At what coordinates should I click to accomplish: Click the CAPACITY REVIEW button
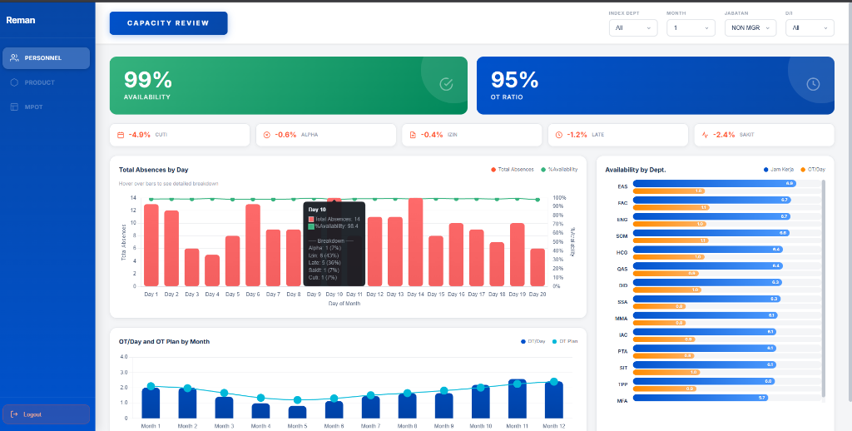pos(168,23)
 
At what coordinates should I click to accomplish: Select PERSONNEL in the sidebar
pos(46,58)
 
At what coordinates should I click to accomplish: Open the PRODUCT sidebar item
pos(39,82)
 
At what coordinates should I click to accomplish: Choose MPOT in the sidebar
pos(33,107)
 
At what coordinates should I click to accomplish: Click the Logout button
pos(46,414)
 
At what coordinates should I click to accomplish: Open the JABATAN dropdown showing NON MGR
pos(749,27)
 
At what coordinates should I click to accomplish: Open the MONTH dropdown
pos(691,27)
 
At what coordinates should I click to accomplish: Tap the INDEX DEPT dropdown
pos(632,27)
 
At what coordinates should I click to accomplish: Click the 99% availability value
pos(148,80)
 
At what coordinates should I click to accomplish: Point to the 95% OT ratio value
pos(514,80)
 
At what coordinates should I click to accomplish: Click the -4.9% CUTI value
pos(140,135)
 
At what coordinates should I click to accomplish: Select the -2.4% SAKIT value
pos(724,135)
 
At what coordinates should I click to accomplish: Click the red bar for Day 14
pos(415,242)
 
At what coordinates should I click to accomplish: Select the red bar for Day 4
pos(212,270)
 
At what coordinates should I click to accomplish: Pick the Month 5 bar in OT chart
pos(297,412)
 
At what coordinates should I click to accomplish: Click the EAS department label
pos(622,186)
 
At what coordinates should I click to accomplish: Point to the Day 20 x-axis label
pos(537,294)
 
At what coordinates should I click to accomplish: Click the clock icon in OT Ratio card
pos(813,84)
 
